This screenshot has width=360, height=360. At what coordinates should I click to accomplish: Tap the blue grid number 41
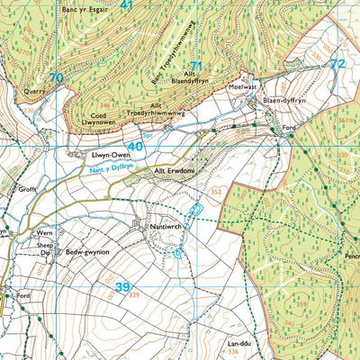click(x=126, y=5)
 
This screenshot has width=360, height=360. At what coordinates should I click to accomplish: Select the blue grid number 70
click(x=56, y=79)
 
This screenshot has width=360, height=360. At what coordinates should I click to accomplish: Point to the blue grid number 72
click(x=337, y=64)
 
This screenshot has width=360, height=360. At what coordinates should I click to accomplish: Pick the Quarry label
click(x=35, y=90)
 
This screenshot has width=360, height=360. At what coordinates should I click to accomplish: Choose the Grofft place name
click(x=26, y=190)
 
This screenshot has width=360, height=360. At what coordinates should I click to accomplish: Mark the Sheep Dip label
click(x=46, y=248)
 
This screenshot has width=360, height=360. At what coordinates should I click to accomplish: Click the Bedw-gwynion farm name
click(x=87, y=253)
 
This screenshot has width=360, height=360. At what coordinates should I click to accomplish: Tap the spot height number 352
click(x=215, y=191)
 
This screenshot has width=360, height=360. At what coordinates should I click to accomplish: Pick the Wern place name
click(x=45, y=233)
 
